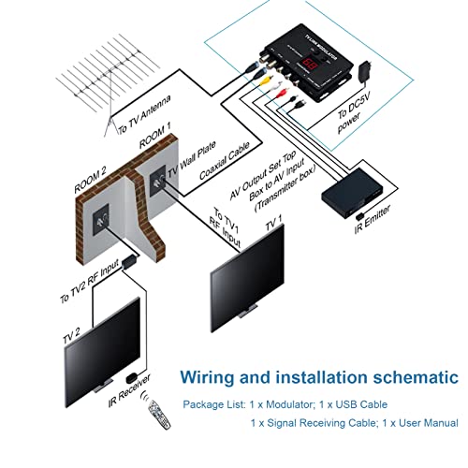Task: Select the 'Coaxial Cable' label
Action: [224, 168]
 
